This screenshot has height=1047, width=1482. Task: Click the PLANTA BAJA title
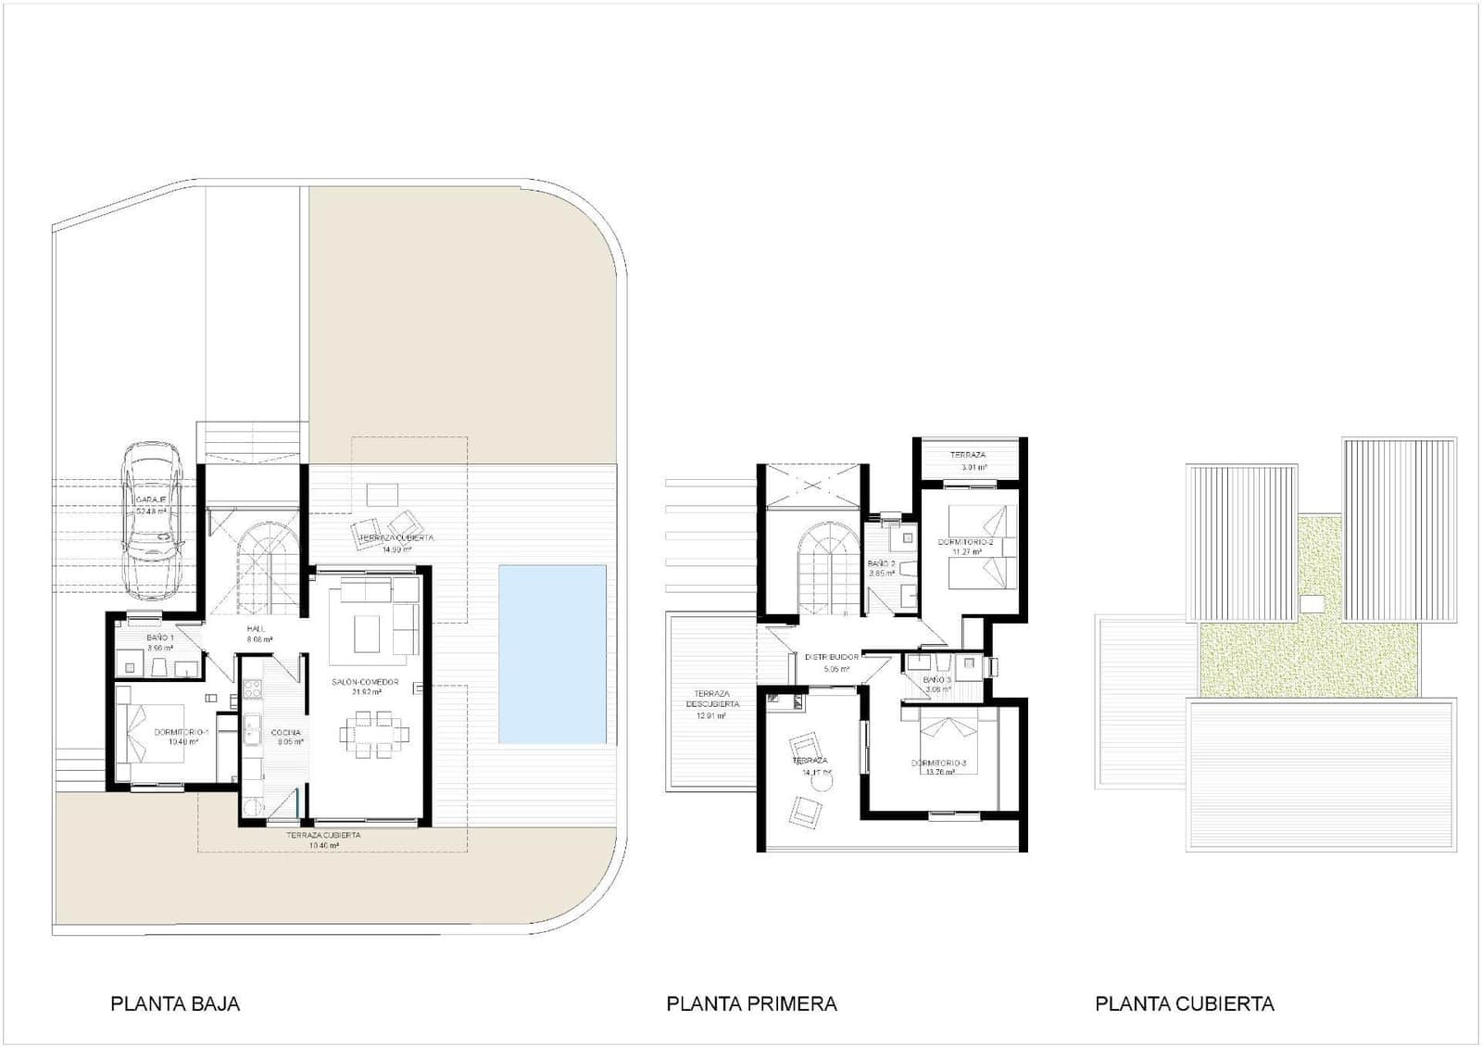[175, 1003]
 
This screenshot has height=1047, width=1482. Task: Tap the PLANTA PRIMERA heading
[751, 1003]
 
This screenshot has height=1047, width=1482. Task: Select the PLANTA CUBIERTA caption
[1184, 1003]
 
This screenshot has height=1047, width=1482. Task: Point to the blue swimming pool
[553, 653]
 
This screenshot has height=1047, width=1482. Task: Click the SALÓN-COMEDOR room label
[366, 682]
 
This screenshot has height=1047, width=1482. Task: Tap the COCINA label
[285, 733]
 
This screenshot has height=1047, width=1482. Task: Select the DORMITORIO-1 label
[182, 732]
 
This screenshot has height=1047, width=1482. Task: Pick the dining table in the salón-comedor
[374, 736]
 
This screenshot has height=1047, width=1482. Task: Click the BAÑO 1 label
[160, 638]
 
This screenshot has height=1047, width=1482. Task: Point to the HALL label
[257, 629]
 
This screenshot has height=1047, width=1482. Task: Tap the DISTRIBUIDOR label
[831, 657]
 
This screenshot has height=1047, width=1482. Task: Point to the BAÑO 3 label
[936, 680]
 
